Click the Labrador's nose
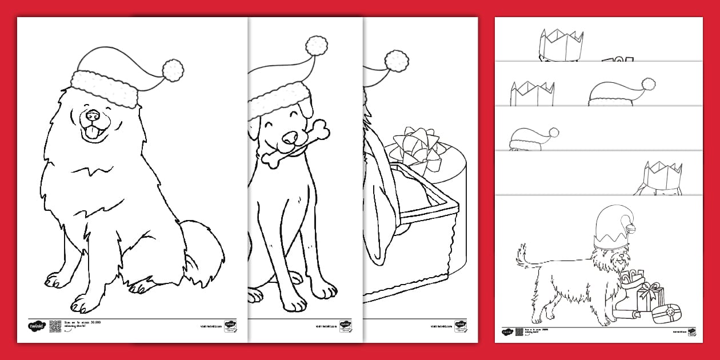(290, 137)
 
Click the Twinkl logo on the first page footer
(35, 326)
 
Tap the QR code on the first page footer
(55, 326)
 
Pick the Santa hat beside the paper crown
(620, 93)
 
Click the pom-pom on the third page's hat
(397, 59)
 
